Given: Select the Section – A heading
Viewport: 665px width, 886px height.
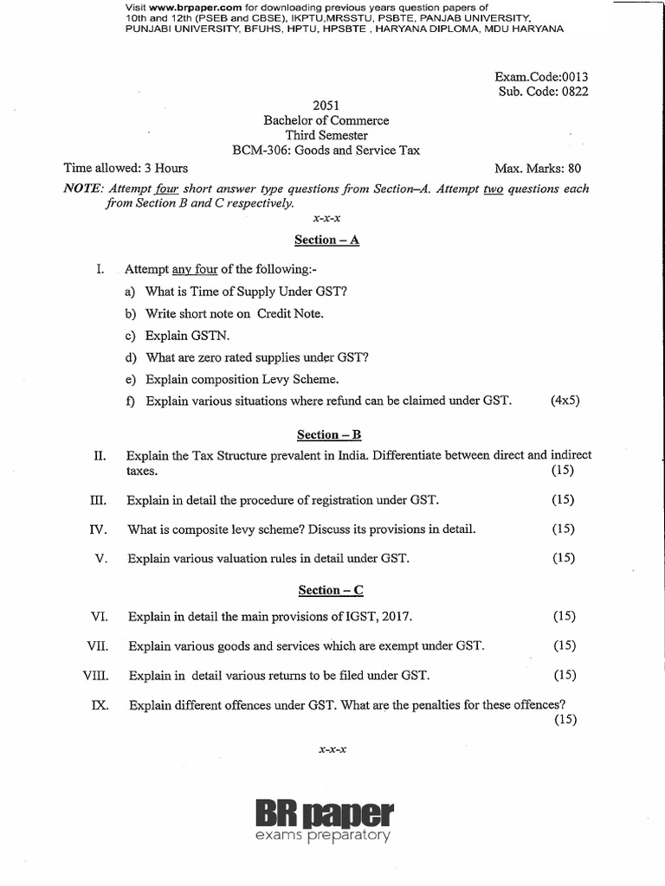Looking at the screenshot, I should click(326, 240).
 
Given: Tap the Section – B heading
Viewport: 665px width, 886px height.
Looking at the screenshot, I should click(326, 434).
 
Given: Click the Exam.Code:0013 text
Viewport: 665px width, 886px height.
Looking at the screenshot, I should click(541, 76).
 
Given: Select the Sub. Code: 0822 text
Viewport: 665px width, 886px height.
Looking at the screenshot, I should click(543, 92).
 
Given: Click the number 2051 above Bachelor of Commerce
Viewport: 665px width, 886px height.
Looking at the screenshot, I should click(326, 106).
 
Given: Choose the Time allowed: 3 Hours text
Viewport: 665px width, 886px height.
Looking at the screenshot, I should click(126, 168).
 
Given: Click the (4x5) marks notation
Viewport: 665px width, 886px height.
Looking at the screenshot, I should click(565, 401).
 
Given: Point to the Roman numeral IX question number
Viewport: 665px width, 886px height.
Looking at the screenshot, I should click(99, 704).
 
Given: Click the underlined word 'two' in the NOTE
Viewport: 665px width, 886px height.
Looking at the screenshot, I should click(494, 189).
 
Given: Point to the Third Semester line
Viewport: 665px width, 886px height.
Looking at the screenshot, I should click(326, 135).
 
